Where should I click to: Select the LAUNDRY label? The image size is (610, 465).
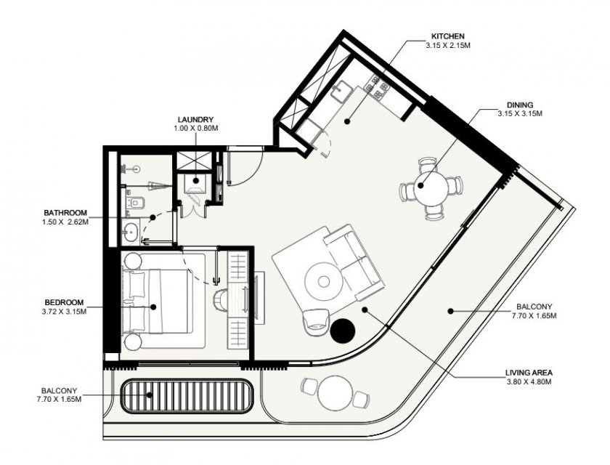point(195,119)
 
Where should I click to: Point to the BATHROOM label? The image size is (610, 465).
point(65,213)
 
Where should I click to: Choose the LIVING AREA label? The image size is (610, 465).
point(529,373)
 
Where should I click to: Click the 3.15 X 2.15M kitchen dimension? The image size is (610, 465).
point(448,45)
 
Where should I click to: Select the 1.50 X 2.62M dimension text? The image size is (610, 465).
point(65,222)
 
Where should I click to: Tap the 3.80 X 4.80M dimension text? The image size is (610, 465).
point(529,381)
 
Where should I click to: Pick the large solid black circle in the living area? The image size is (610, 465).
point(343,331)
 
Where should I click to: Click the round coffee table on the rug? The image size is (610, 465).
point(323,280)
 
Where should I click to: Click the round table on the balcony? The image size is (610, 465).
point(335,393)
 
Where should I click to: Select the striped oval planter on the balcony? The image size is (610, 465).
point(186,396)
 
